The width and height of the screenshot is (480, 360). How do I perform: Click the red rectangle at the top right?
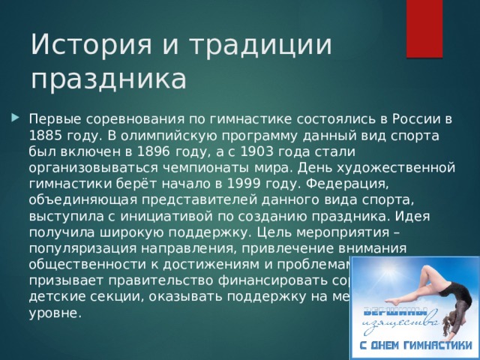(x=424, y=28)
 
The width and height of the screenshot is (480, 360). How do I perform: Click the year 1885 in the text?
(x=44, y=135)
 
